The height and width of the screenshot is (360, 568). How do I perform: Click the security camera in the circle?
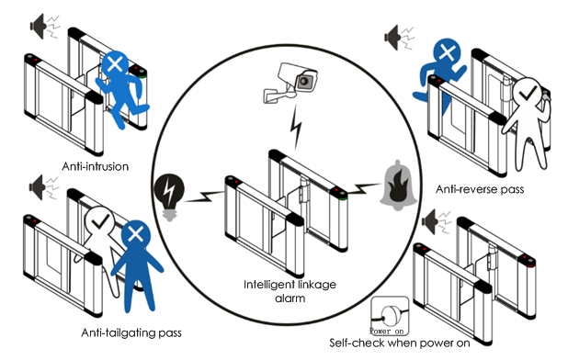[291, 83]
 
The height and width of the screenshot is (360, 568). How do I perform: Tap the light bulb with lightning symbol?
[169, 197]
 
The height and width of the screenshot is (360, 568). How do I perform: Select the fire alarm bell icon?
[398, 186]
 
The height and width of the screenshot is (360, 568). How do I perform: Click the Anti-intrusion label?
[96, 166]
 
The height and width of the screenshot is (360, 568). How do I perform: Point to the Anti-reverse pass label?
[480, 189]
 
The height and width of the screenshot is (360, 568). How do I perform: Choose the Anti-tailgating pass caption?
[131, 332]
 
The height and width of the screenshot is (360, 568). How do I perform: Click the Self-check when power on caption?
[400, 343]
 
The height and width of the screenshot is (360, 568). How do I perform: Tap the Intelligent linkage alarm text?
[290, 291]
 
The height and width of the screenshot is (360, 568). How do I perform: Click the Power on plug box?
[390, 316]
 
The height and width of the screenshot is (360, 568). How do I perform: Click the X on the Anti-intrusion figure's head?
[115, 65]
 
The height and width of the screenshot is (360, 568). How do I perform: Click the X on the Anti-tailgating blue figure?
[136, 234]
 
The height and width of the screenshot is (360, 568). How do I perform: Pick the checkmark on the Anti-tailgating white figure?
[101, 220]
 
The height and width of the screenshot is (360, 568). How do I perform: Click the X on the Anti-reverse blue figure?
[447, 53]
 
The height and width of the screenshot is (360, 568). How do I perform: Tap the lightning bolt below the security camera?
[297, 127]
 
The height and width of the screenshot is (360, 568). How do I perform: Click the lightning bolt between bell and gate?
[363, 188]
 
